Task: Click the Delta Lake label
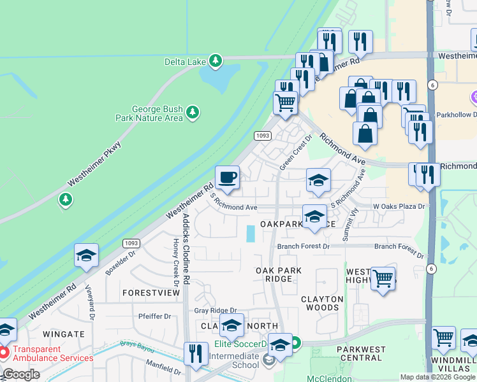pos(184,60)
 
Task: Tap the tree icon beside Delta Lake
pos(217,60)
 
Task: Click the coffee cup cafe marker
pos(227,178)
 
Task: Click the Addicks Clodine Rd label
pos(186,249)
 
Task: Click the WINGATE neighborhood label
pos(64,334)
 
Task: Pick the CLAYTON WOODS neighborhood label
pos(322,303)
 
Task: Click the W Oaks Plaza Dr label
pos(399,207)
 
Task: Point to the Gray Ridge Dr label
pos(210,311)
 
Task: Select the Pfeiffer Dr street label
pos(155,316)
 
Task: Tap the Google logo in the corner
pos(20,374)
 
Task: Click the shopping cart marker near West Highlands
pos(382,278)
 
